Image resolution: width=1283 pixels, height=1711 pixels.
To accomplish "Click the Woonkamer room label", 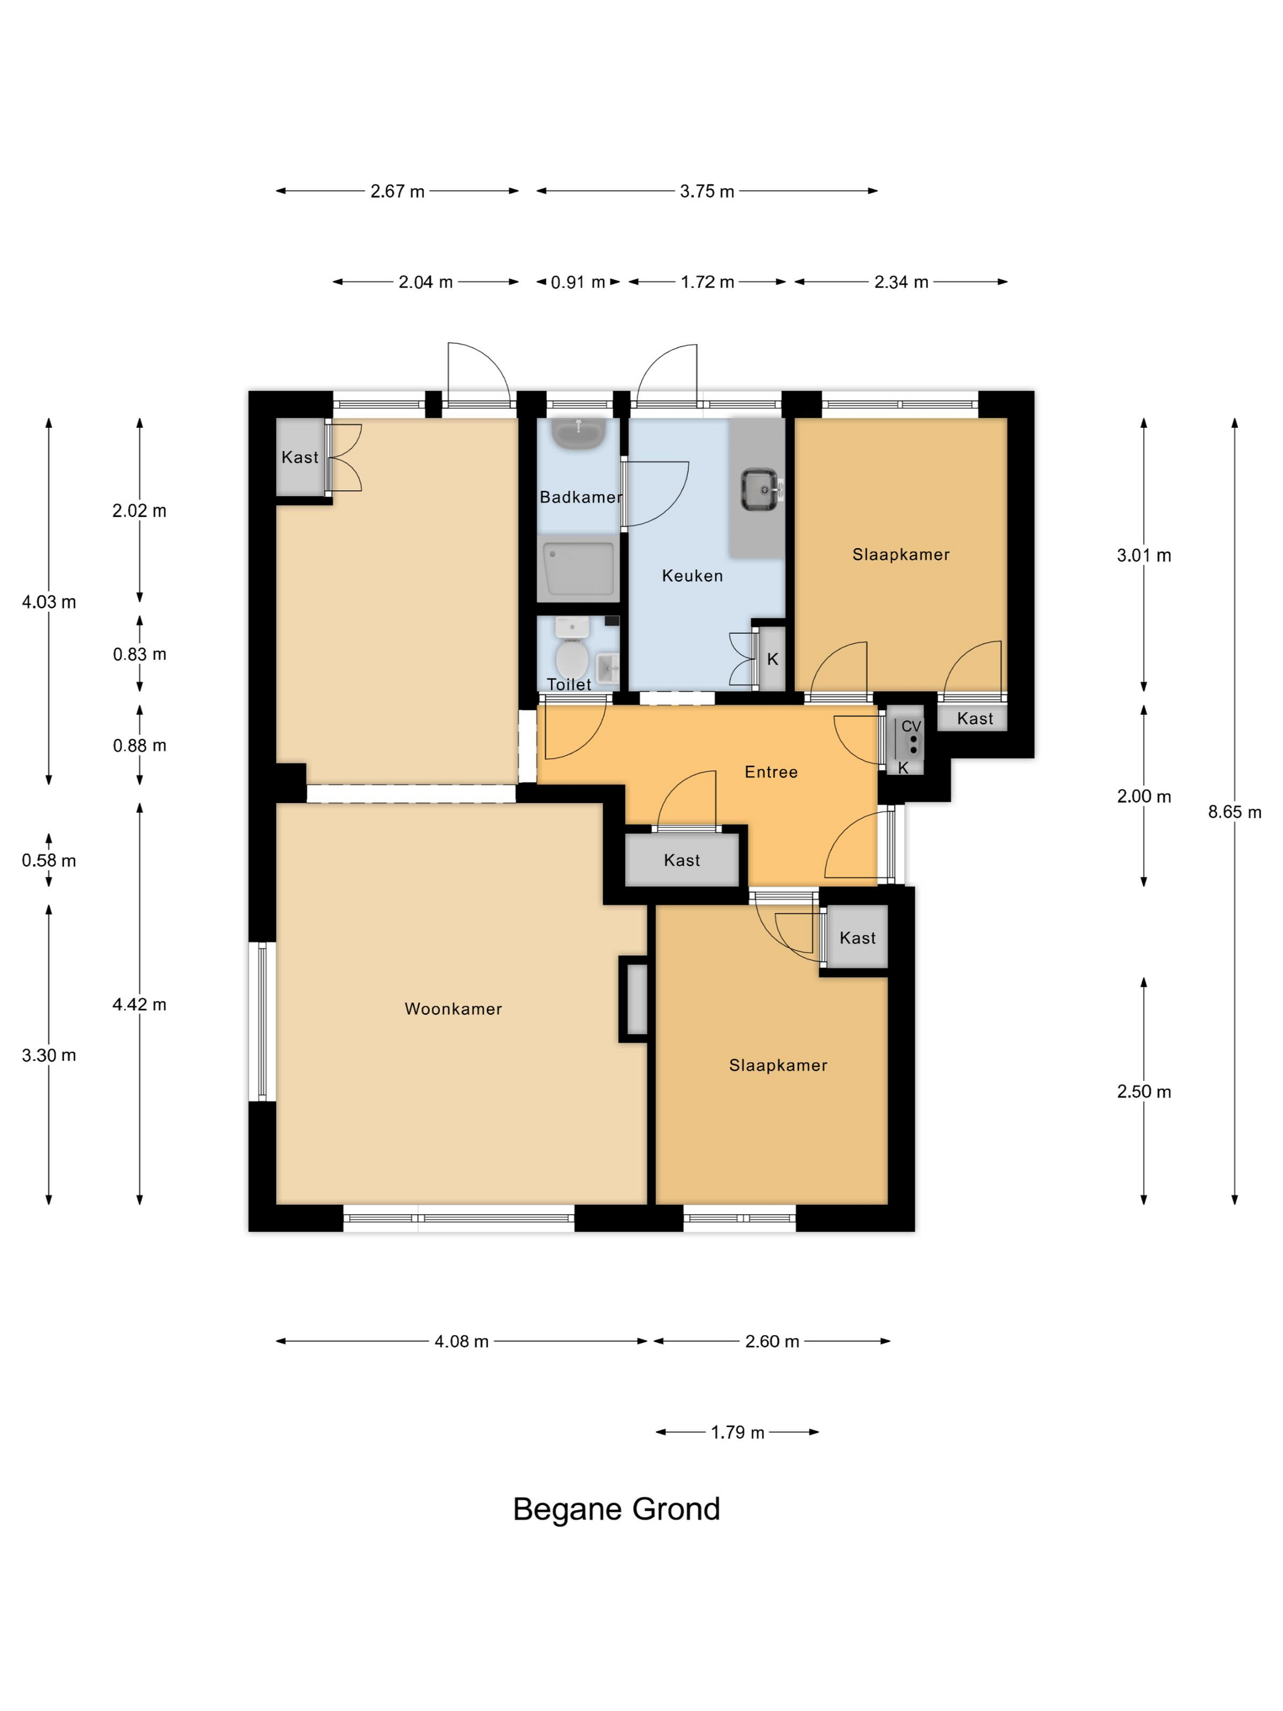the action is point(453,1009).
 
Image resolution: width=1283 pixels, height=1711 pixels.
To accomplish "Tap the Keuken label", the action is point(692,576).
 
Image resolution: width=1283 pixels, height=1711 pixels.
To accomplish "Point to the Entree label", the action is point(771,772).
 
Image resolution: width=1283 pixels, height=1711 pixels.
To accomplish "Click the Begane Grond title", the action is point(616,1509).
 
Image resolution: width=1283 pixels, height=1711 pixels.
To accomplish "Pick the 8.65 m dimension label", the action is point(1234,812).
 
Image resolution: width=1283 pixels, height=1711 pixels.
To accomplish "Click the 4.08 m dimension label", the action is point(462,1341).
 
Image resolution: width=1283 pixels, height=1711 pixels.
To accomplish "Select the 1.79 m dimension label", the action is point(738,1432).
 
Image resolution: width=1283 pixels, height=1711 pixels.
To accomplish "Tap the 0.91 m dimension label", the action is point(578,282).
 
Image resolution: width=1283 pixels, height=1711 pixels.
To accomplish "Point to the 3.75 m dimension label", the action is point(707,191).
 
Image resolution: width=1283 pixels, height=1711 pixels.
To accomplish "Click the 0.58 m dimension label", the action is point(49,861).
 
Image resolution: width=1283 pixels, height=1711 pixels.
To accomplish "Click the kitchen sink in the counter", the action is point(760,489).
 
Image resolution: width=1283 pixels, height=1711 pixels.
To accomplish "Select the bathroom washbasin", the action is point(579,434).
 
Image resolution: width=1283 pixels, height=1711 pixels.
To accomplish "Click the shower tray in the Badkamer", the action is point(579,568).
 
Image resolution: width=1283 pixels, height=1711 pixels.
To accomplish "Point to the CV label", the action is point(911,727).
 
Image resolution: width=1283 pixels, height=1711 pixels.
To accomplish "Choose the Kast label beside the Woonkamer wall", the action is point(681,860).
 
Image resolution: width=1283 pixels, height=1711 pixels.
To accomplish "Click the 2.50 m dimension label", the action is point(1144,1091).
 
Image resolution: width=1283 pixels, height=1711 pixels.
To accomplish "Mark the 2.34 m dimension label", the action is point(901,282).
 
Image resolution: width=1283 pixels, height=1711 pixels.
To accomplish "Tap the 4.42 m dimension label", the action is point(139,1005).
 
